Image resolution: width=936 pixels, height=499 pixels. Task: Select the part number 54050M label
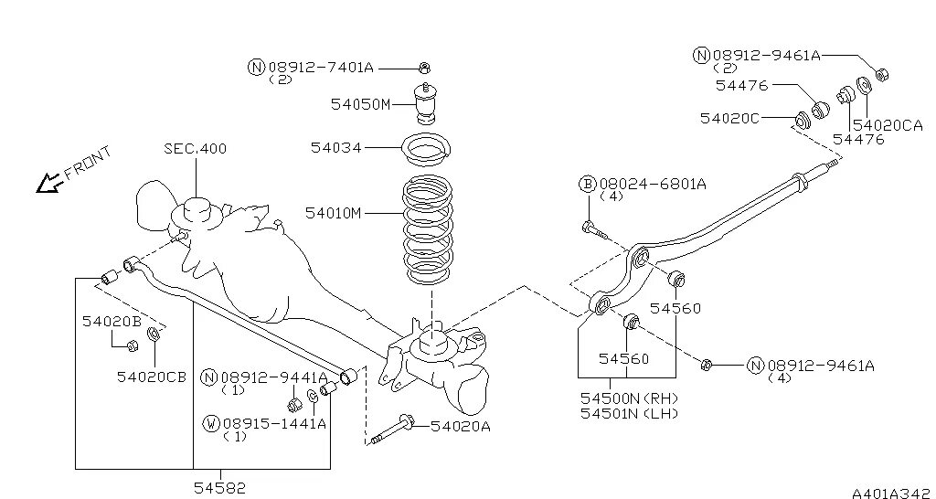pos(360,104)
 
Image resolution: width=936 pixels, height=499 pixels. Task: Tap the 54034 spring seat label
pos(335,146)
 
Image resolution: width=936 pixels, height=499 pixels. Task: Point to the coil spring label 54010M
pos(335,213)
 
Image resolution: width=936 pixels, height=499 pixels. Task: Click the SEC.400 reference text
pos(195,148)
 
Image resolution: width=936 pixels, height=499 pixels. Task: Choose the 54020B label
pos(112,321)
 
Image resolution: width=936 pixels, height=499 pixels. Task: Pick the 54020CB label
pos(151,376)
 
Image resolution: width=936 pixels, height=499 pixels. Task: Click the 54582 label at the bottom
pos(219,488)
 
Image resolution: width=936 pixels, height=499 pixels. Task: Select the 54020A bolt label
pos(460,425)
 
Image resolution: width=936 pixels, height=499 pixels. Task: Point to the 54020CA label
pos(887,124)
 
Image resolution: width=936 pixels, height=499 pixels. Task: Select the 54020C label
pos(729,117)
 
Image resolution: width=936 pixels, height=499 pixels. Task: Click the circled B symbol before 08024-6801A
pos(587,184)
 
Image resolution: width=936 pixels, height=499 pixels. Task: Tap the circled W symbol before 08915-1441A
pos(211,423)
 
